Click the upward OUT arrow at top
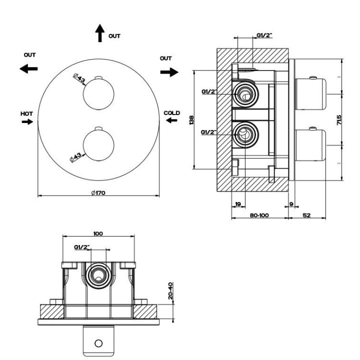coord(99,33)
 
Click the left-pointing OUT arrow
coord(29,69)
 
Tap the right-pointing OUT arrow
coord(169,72)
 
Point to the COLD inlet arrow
coord(171,121)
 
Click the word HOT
coord(27,114)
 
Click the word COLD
coord(171,113)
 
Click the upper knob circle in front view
coord(98,94)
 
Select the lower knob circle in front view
coord(98,144)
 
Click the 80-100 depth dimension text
coord(259,215)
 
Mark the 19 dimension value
coord(238,204)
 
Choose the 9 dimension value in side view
coord(291,204)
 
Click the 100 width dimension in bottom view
coord(97,233)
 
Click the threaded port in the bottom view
coord(98,274)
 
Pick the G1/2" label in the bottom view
coord(81,247)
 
